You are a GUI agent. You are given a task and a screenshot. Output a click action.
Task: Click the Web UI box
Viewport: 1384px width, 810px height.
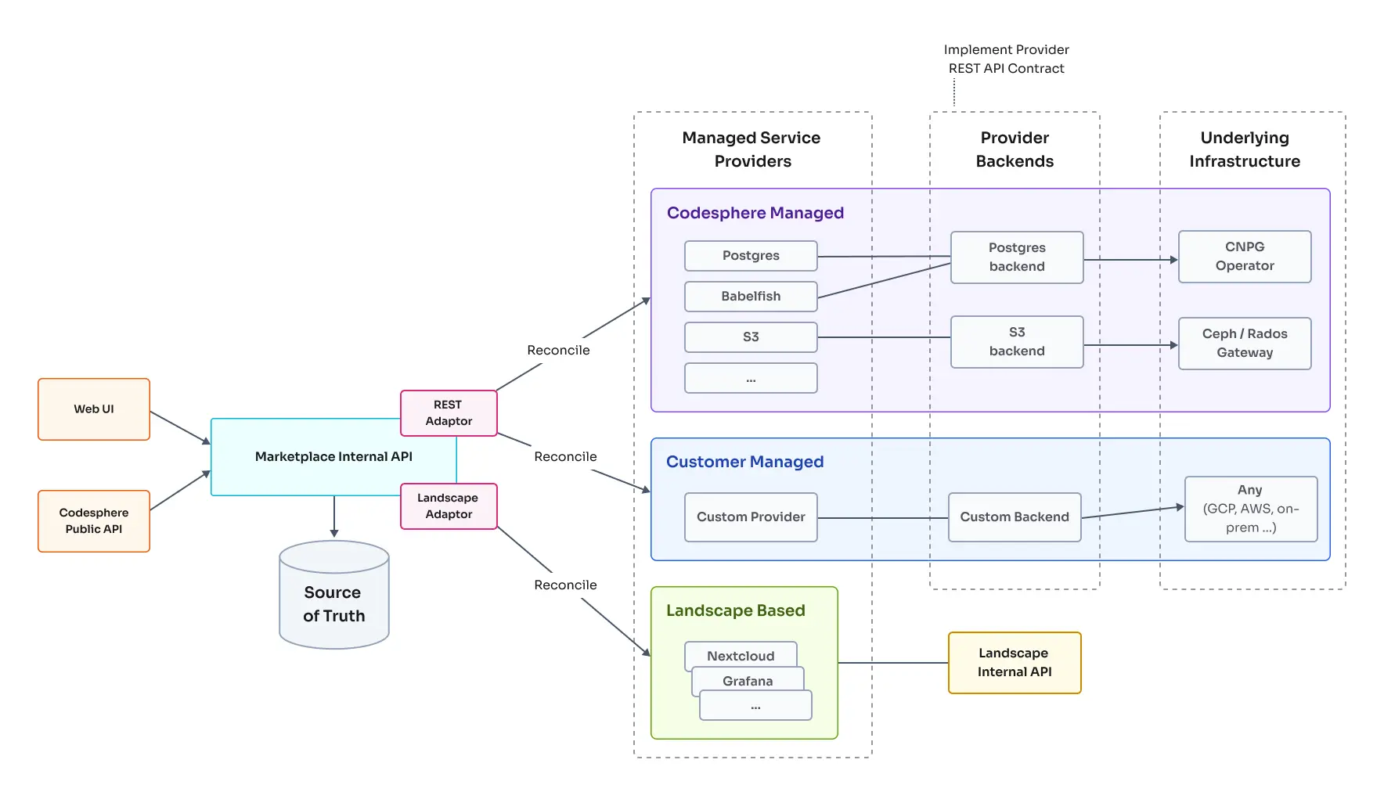[94, 409]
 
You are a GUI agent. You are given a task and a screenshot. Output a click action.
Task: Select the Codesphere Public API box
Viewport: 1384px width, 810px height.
[94, 521]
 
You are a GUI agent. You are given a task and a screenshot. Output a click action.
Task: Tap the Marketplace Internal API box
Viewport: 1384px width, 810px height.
[333, 457]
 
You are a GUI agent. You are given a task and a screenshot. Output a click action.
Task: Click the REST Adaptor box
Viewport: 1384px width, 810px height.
[449, 413]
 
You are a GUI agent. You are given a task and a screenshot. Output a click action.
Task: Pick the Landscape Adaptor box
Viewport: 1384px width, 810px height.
[449, 506]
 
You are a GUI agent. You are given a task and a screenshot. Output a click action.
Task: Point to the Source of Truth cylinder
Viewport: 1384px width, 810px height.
[334, 603]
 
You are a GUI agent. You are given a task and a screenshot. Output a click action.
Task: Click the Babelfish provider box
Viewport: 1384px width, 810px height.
[751, 297]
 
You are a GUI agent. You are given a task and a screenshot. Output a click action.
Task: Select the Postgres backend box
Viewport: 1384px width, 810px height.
[1017, 257]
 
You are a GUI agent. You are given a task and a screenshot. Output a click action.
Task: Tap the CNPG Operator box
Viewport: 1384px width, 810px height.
[1245, 257]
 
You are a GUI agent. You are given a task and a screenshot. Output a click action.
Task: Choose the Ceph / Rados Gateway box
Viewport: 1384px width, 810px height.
[1245, 344]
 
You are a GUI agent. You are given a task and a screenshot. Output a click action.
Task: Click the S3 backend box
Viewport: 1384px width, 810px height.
[1017, 342]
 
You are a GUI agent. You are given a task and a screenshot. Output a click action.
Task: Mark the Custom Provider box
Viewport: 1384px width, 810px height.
[751, 517]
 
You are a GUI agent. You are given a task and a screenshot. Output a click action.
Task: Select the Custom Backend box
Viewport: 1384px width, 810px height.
[1015, 517]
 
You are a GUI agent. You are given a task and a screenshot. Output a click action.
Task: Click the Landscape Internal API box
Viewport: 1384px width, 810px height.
[1015, 663]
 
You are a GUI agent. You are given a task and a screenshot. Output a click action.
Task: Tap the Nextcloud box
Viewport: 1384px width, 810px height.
[741, 655]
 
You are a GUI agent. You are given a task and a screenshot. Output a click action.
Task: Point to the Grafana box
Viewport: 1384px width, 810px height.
[748, 680]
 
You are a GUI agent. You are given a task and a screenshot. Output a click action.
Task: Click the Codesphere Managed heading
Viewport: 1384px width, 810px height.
[755, 213]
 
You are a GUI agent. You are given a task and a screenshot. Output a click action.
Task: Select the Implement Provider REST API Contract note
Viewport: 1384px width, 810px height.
[1006, 59]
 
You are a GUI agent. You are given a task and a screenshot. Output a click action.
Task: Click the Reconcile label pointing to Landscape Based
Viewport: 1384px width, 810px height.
[565, 585]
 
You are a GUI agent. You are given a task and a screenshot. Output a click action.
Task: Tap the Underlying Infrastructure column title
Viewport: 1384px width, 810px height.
[1245, 149]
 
